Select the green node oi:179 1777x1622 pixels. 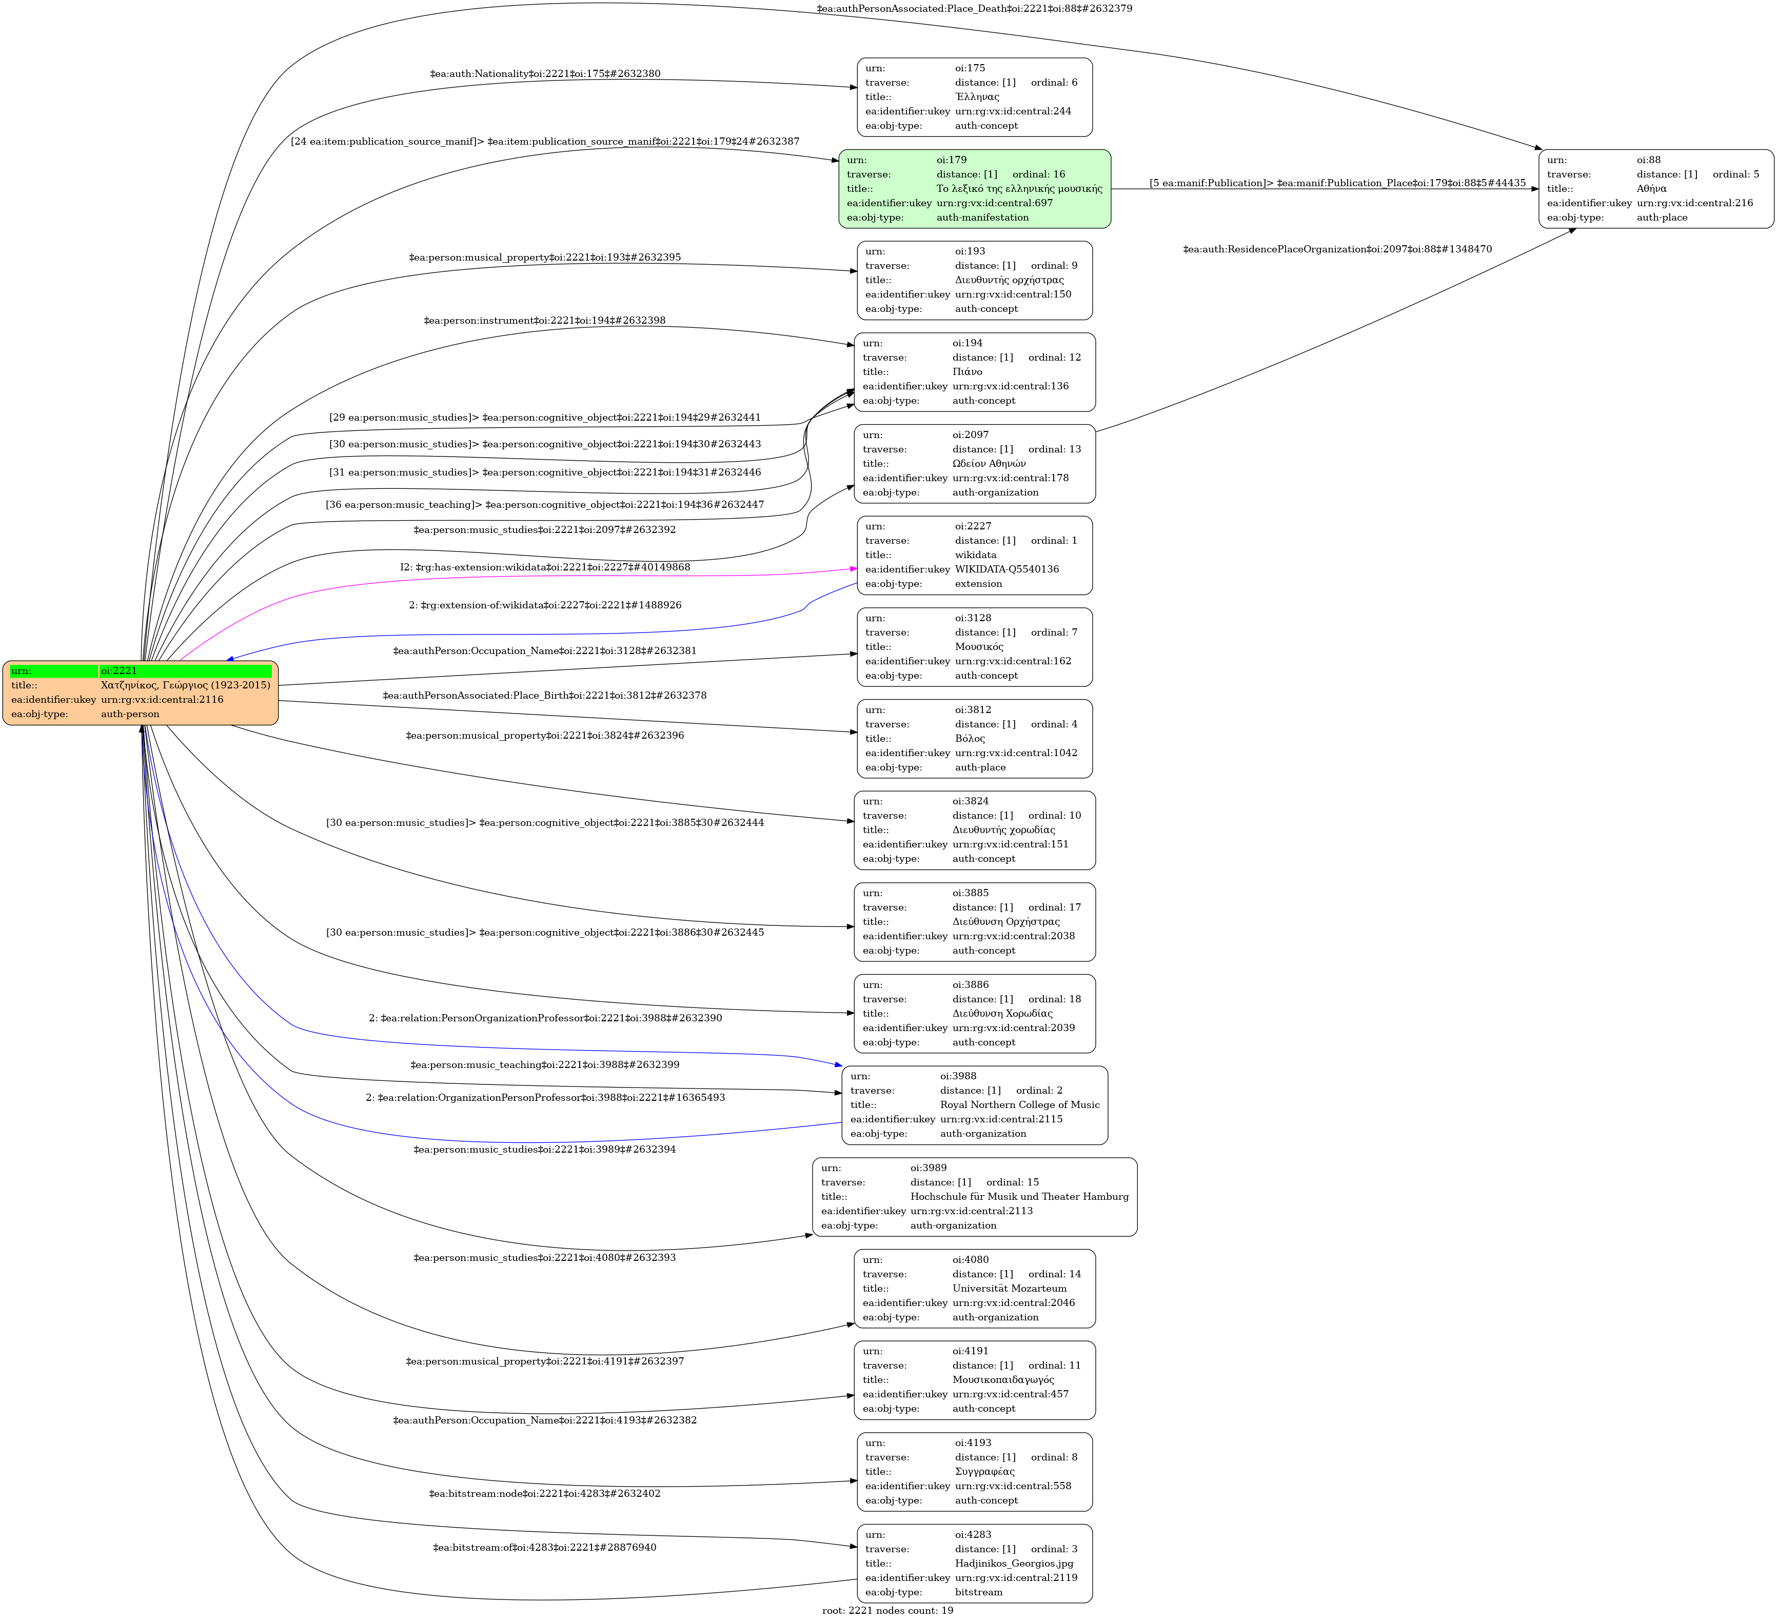(x=974, y=189)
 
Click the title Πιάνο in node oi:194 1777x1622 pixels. (x=967, y=372)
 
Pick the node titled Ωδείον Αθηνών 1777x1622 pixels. (x=974, y=464)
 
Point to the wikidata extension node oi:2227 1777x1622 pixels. (x=974, y=556)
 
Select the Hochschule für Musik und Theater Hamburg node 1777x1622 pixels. (x=974, y=1197)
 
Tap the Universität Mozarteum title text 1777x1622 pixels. (x=1009, y=1289)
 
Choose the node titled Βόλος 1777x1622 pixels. (x=974, y=739)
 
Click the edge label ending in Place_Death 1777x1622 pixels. (x=974, y=9)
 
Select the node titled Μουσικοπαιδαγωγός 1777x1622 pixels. (x=974, y=1380)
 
